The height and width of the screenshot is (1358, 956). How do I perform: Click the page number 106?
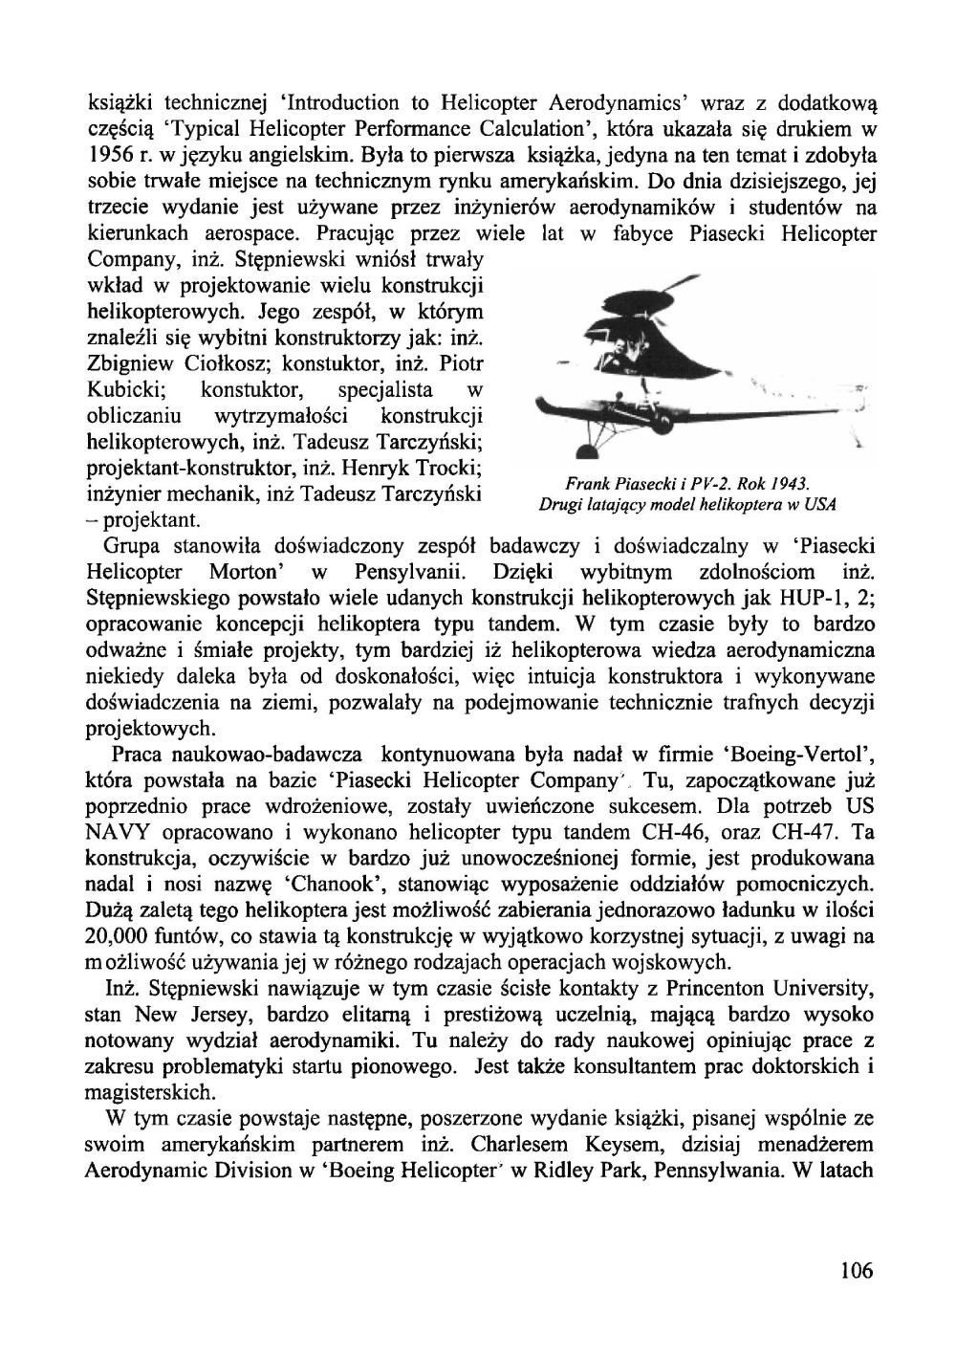(x=857, y=1271)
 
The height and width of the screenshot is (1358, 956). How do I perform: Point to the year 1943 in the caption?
(x=792, y=482)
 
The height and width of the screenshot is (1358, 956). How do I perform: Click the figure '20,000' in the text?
(x=120, y=936)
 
